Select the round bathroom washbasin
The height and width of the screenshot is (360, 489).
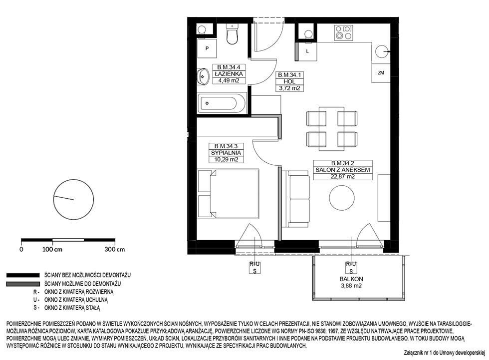204,76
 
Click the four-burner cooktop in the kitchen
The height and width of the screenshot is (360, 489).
343,33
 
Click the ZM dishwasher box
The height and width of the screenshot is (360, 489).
381,73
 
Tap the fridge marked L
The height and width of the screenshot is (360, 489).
307,51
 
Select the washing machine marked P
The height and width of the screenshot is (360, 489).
207,48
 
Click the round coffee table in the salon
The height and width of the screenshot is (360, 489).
342,197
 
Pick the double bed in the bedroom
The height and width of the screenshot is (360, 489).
229,194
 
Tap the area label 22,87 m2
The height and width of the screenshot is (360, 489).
343,177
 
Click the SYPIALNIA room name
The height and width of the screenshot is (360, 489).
226,153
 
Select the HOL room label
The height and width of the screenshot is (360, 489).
289,81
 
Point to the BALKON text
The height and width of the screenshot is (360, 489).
351,279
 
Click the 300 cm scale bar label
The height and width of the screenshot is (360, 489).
115,249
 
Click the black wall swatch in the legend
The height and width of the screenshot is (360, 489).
23,275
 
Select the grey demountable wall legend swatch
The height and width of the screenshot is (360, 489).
23,284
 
